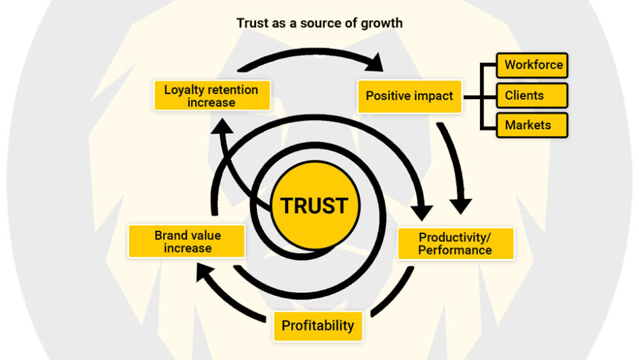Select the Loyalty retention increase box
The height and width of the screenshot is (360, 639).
(x=211, y=96)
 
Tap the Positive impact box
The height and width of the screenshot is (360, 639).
(x=409, y=96)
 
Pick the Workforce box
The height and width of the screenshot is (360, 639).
(x=532, y=65)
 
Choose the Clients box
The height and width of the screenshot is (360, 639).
(x=532, y=95)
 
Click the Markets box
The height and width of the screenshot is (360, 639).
(x=532, y=125)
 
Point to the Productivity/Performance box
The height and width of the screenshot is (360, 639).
(x=455, y=243)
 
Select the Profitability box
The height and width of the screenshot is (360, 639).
(x=318, y=325)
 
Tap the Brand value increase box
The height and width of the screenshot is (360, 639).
(x=187, y=241)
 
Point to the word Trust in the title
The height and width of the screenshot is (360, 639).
(x=252, y=23)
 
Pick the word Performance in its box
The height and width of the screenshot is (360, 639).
(x=455, y=250)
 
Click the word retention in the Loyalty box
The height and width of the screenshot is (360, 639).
(x=233, y=89)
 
